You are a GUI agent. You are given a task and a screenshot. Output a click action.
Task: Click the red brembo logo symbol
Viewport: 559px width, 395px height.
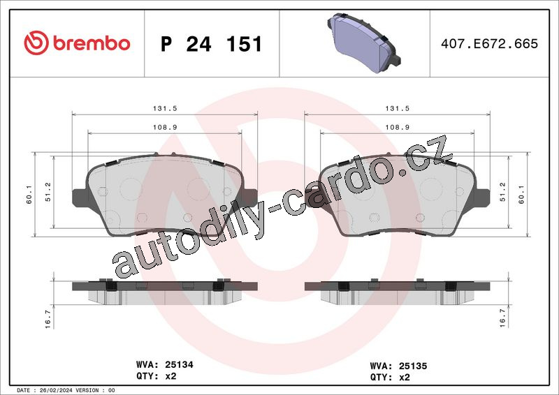point(36,43)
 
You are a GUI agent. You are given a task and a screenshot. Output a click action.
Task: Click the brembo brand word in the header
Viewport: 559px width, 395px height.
point(92,43)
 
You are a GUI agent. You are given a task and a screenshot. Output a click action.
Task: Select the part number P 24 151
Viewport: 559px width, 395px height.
point(212,44)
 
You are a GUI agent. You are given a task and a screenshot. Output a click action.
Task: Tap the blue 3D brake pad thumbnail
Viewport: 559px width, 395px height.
point(364,43)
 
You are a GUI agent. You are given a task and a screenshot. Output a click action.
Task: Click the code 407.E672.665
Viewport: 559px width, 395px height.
point(490,43)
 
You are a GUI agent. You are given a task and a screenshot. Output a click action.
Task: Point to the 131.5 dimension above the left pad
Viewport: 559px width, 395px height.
point(165,108)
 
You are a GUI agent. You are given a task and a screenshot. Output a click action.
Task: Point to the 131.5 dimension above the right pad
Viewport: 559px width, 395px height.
point(398,108)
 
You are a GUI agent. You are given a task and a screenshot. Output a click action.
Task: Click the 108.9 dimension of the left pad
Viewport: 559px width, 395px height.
point(165,127)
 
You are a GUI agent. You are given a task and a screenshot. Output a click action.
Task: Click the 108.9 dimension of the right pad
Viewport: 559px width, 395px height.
point(398,127)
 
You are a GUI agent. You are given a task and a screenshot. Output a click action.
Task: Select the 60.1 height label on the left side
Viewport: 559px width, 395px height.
point(29,195)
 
